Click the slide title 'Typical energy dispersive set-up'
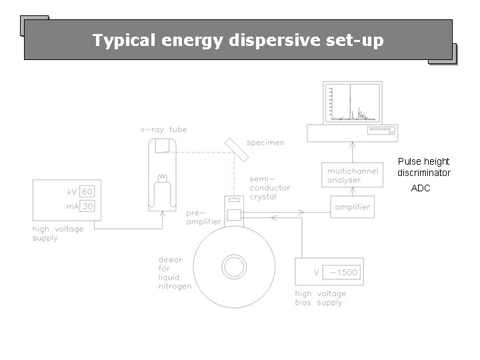click(x=238, y=41)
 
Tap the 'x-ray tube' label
click(x=163, y=129)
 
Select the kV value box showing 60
click(x=87, y=192)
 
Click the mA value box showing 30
click(x=87, y=207)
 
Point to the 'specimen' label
click(x=265, y=143)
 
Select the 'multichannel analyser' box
click(x=353, y=175)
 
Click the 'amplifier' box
click(x=352, y=207)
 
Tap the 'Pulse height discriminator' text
click(x=424, y=167)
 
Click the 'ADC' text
click(x=421, y=189)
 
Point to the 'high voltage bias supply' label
click(x=320, y=298)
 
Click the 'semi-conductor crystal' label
click(x=269, y=187)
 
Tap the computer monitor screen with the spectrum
click(x=351, y=103)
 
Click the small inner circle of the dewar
click(x=234, y=267)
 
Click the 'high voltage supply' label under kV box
click(x=59, y=233)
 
